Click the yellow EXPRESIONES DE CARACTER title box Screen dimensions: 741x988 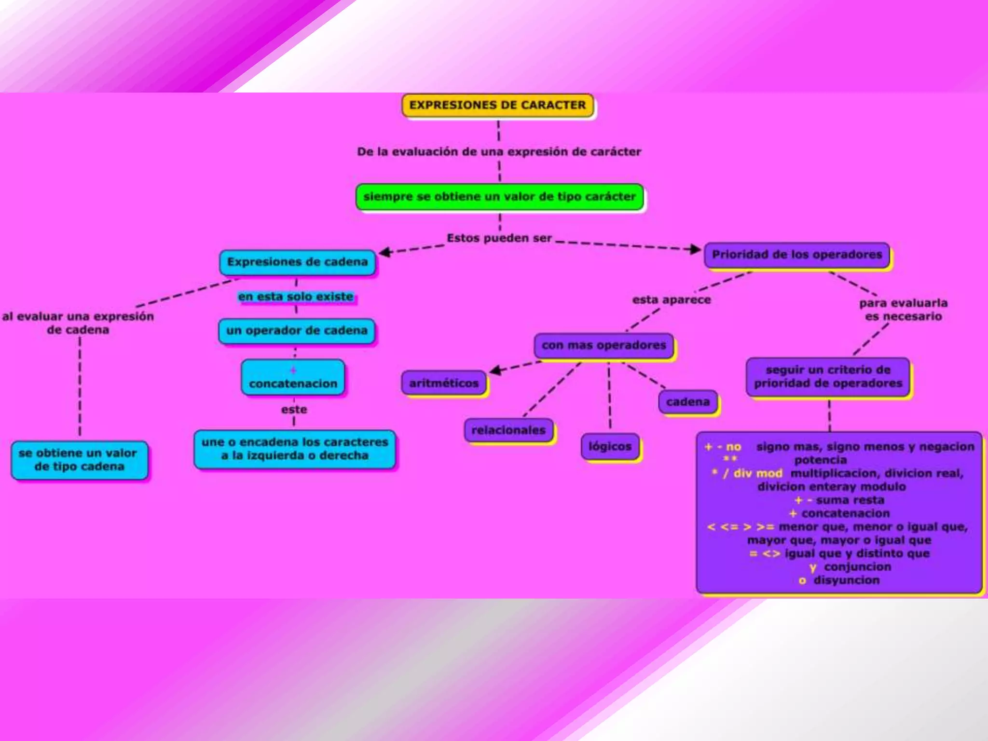(497, 105)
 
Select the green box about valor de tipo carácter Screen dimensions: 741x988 (499, 197)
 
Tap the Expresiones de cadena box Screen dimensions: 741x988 (297, 262)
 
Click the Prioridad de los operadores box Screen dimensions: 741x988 (796, 255)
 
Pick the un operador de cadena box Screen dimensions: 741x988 (297, 331)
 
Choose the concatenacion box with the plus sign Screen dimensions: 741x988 (293, 378)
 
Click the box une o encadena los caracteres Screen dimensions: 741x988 (294, 449)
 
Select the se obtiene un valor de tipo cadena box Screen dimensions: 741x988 (79, 460)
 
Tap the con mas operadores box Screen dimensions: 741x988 (604, 345)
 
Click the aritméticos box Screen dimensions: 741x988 (444, 383)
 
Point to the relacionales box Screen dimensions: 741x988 (508, 430)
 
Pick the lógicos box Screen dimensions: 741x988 (610, 447)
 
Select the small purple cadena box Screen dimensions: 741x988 (688, 402)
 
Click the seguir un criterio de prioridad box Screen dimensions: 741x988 (828, 377)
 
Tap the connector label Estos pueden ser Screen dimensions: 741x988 (499, 238)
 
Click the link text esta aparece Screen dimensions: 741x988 (672, 300)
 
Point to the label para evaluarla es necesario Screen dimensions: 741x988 (903, 310)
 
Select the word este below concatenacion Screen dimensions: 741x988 (294, 410)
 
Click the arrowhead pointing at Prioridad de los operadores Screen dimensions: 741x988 (695, 249)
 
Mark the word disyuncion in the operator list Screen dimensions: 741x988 (846, 580)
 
